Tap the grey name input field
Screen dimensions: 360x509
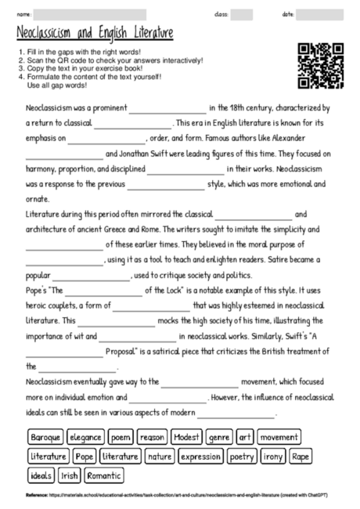click(90, 15)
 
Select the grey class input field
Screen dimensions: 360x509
click(241, 15)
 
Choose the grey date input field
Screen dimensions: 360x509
click(319, 15)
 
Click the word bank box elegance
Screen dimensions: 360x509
click(85, 436)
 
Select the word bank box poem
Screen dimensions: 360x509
click(121, 436)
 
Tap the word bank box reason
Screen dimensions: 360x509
click(153, 436)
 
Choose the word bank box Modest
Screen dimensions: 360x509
click(188, 436)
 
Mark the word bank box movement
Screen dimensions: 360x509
click(279, 436)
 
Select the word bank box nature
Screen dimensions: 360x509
click(160, 456)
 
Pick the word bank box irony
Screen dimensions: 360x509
click(273, 456)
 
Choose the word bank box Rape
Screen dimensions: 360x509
click(301, 456)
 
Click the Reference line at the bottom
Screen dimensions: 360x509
click(180, 496)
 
